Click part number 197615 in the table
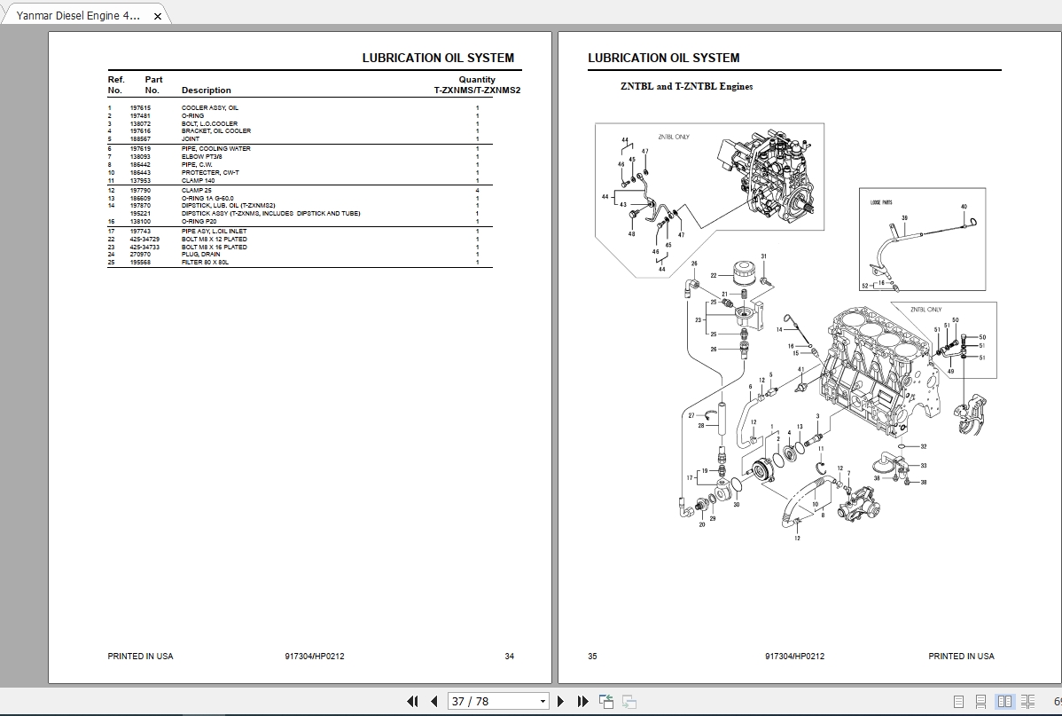tap(140, 108)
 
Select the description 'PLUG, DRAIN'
tap(200, 255)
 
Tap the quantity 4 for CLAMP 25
tap(477, 191)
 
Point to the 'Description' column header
tap(206, 90)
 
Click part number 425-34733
tap(144, 247)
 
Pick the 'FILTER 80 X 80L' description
tap(205, 263)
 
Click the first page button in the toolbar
tap(412, 701)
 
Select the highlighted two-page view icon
tap(1004, 701)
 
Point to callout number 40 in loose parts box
tap(964, 207)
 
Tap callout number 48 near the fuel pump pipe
tap(631, 234)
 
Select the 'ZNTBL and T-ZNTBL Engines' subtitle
tap(686, 87)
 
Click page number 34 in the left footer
tap(509, 657)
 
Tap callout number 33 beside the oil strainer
tap(923, 465)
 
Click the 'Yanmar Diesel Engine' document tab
tap(78, 15)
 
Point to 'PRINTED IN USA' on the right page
tap(961, 657)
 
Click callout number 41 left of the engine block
tap(800, 369)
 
